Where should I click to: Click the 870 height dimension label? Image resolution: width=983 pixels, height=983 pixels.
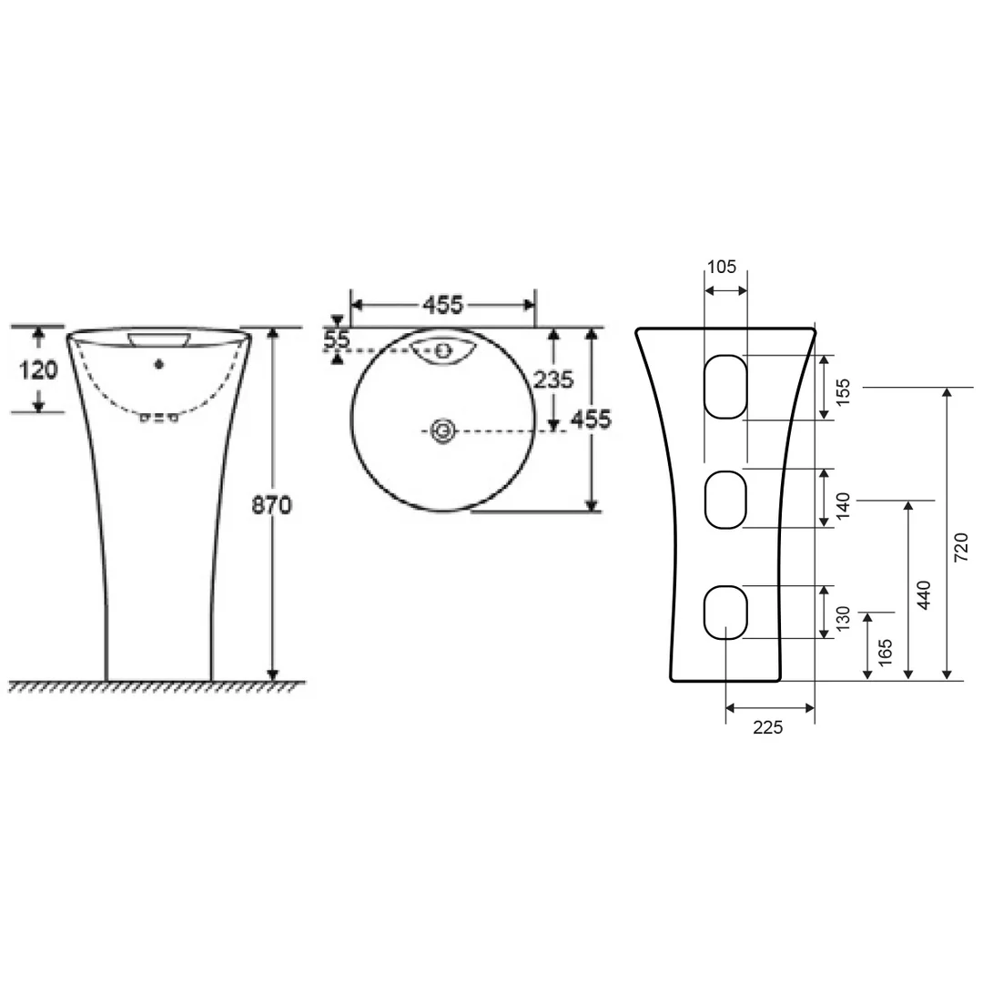(271, 504)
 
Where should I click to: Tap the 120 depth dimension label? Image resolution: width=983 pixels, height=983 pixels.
(38, 370)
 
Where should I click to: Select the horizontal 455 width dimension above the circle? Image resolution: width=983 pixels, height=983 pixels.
(442, 305)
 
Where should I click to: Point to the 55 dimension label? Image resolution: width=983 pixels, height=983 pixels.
(337, 340)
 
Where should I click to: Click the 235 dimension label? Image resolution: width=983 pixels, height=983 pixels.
(553, 380)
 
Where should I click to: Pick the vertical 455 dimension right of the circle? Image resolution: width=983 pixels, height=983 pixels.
(591, 420)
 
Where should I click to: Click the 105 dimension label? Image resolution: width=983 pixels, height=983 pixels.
(722, 267)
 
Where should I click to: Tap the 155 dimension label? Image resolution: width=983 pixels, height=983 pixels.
(843, 391)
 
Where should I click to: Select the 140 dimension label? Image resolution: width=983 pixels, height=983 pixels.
(843, 506)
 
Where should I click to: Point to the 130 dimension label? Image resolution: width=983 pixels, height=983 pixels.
(843, 619)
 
